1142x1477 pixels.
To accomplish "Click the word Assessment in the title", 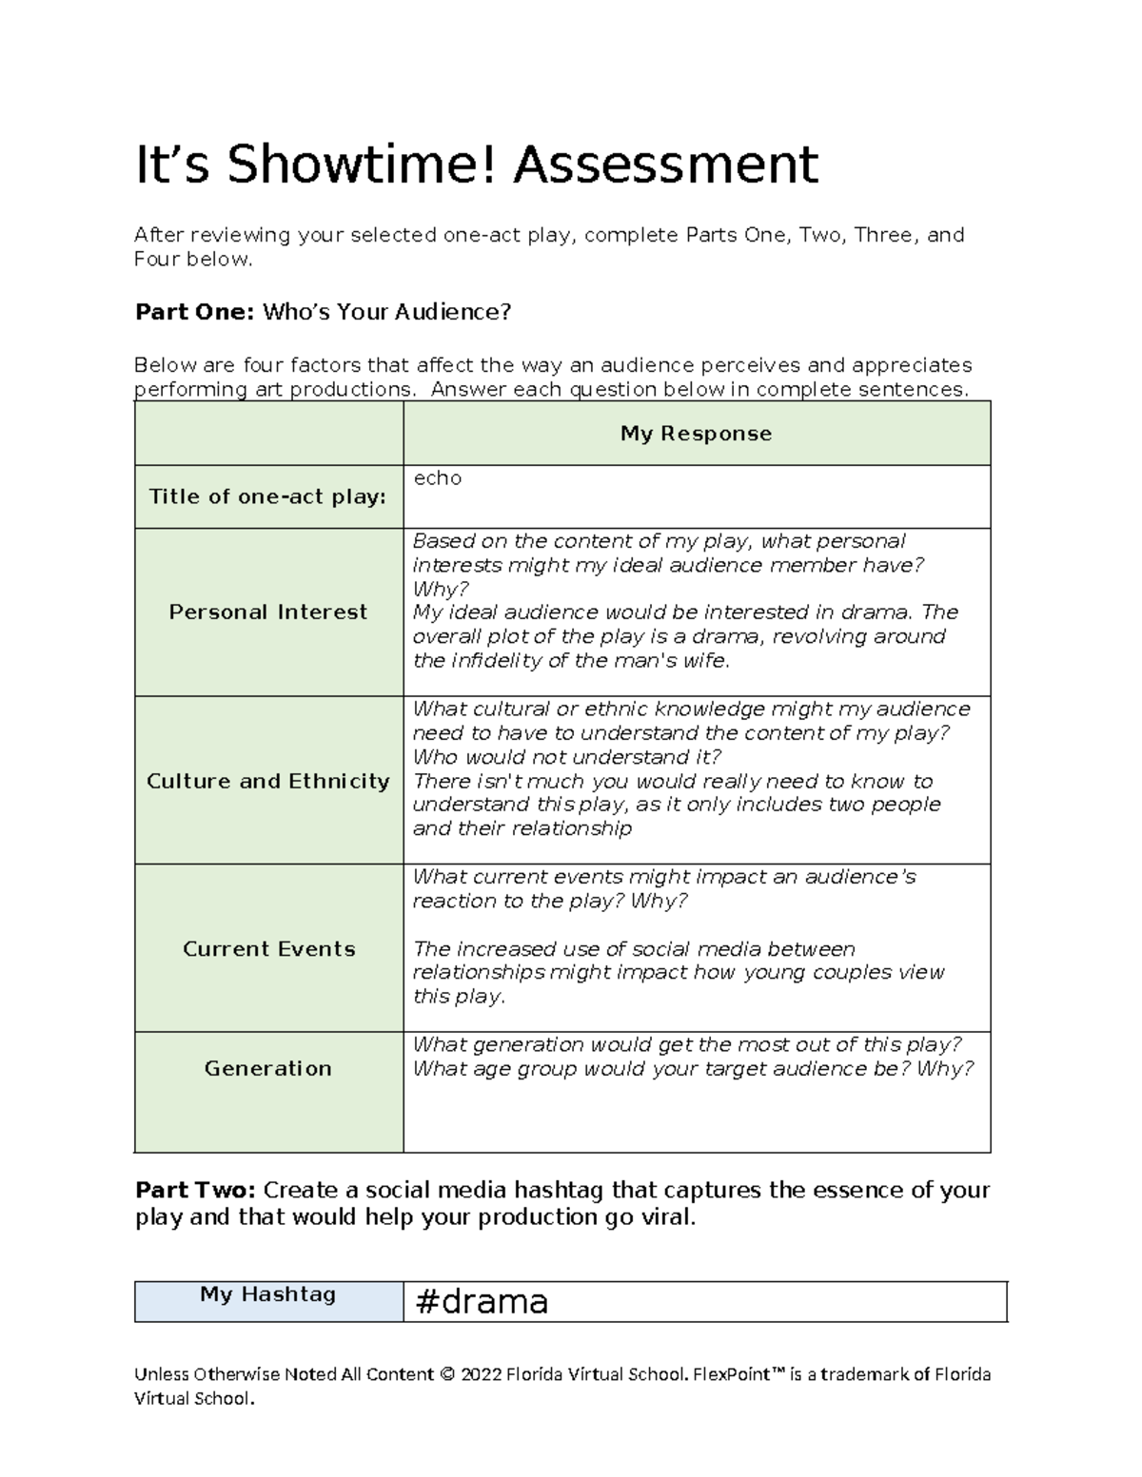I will point(666,165).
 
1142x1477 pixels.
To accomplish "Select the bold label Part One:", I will point(194,312).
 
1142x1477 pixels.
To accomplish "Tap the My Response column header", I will point(696,434).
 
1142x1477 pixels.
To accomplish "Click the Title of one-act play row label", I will point(267,496).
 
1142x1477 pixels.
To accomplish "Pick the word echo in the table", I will point(437,478).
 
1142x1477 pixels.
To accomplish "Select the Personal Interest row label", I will point(267,612).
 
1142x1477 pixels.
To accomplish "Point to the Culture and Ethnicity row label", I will point(267,782).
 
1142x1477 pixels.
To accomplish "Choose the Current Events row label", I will point(268,949).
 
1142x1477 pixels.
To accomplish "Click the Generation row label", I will point(267,1069).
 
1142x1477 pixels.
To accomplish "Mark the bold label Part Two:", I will point(195,1191).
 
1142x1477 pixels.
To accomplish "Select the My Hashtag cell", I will point(267,1294).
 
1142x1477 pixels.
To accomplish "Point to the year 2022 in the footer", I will point(481,1374).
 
